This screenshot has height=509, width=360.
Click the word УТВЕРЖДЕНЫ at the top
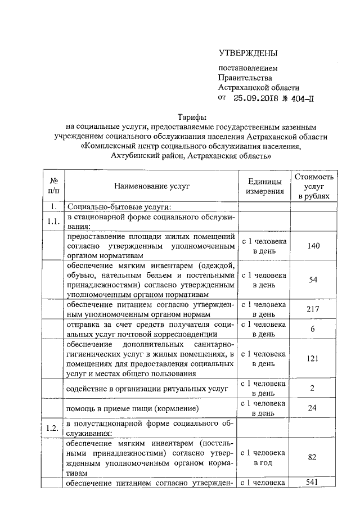pos(248,53)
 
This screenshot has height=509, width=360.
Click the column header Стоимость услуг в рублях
pos(313,186)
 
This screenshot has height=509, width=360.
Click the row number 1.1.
pos(55,221)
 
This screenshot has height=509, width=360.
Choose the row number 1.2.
pos(55,429)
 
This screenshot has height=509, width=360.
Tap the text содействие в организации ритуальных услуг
pos(146,389)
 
